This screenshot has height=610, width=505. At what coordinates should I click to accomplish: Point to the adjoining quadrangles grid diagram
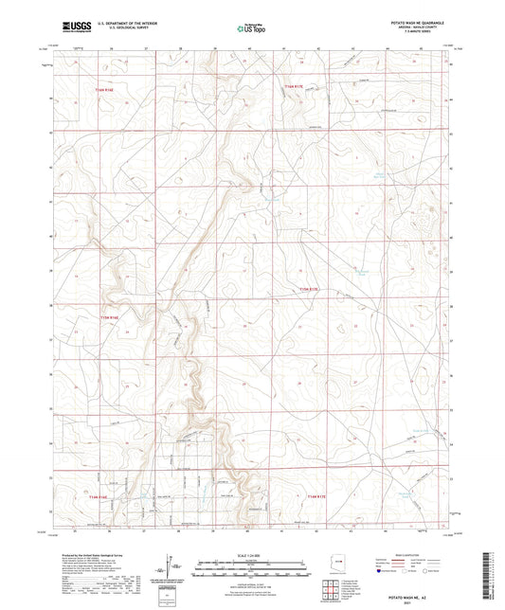tap(333, 590)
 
